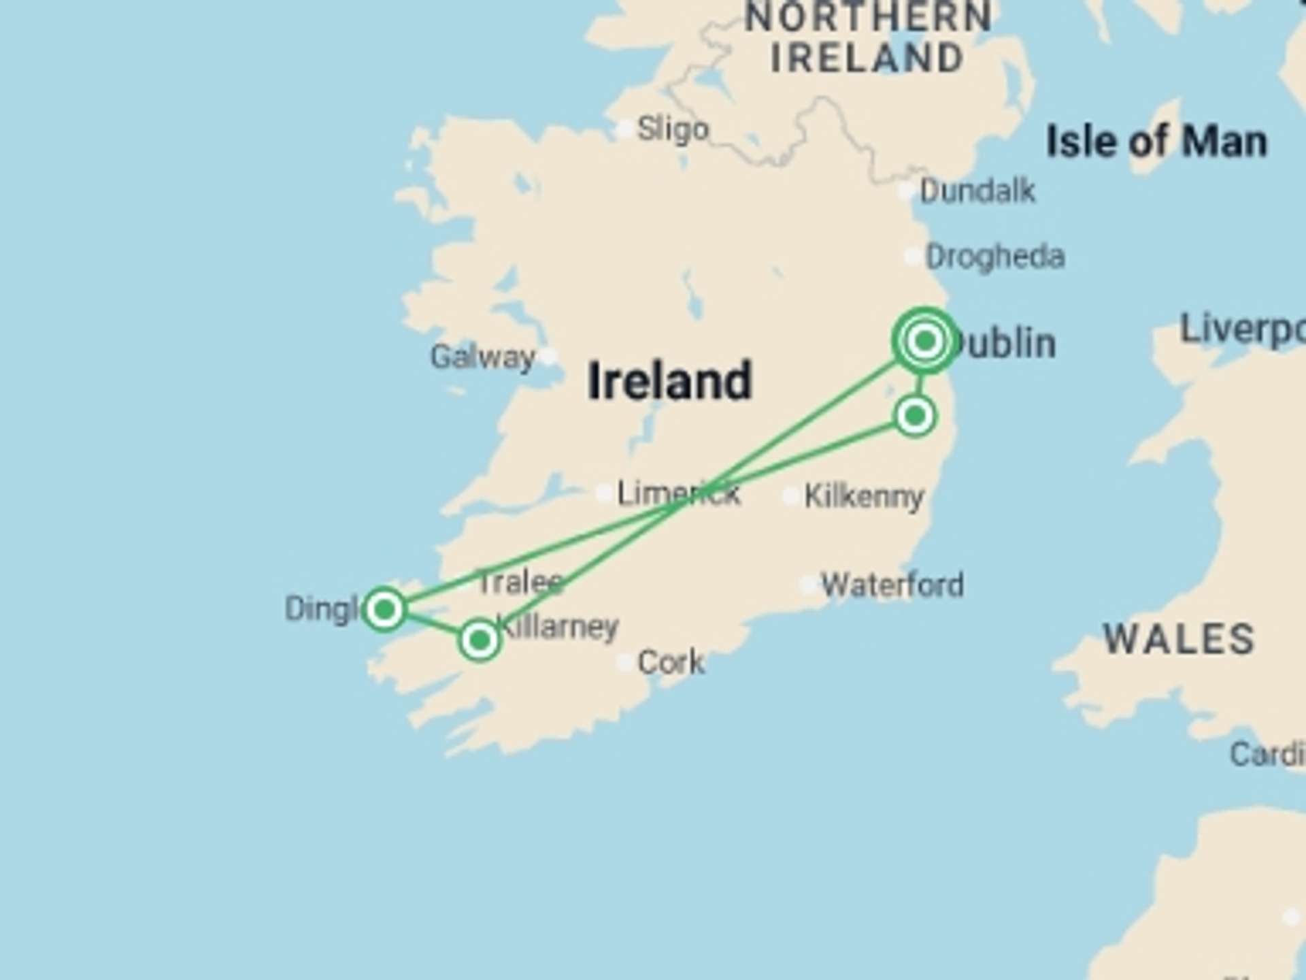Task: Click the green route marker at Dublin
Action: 925,340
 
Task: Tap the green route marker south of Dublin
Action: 915,415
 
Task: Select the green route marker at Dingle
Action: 384,608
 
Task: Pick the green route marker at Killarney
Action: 480,640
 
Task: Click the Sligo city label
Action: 673,129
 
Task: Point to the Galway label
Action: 482,357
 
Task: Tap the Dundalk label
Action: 977,191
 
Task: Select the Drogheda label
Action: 994,257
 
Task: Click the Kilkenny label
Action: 864,496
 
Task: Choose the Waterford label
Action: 892,585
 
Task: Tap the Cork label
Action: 671,662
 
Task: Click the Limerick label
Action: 678,493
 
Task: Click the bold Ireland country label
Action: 670,381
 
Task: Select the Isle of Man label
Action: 1156,142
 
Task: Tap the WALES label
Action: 1179,639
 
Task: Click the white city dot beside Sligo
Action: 624,129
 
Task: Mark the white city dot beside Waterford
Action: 808,584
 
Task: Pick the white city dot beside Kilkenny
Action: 790,496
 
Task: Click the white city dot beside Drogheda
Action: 913,257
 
